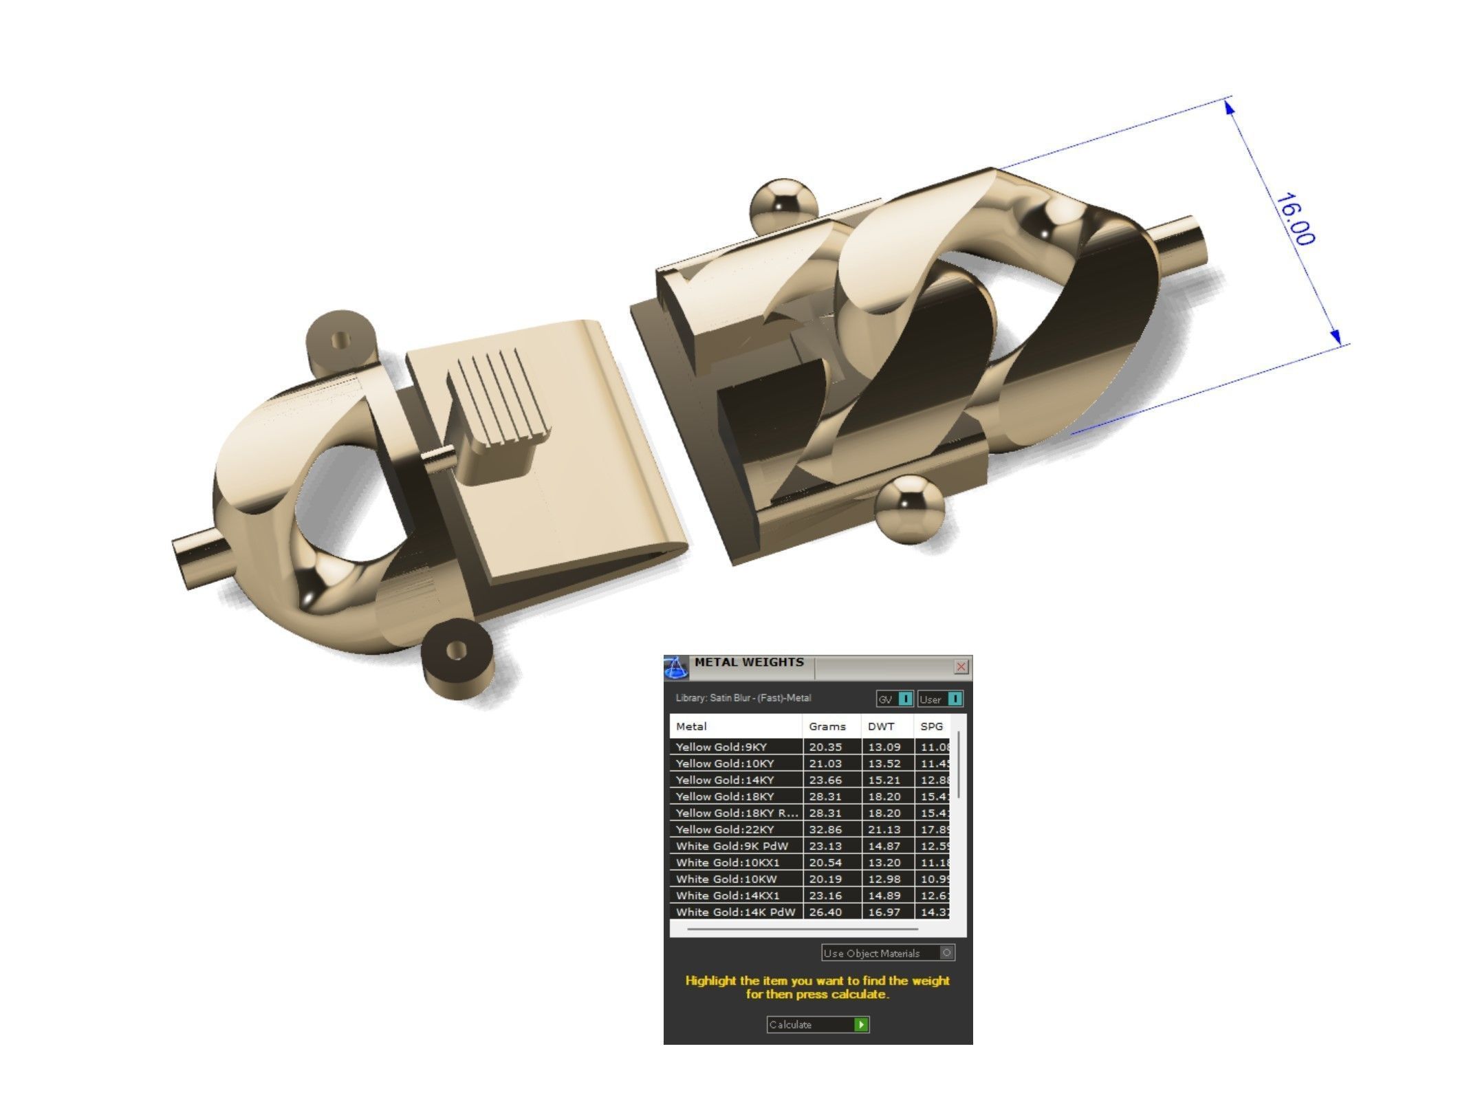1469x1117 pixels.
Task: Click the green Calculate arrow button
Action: pyautogui.click(x=860, y=1025)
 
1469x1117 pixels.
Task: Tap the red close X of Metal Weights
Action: pyautogui.click(x=961, y=666)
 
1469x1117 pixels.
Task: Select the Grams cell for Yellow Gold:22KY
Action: pyautogui.click(x=825, y=829)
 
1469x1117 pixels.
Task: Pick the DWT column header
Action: pyautogui.click(x=881, y=726)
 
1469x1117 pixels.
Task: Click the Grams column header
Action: pyautogui.click(x=827, y=726)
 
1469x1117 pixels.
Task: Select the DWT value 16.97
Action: pyautogui.click(x=884, y=912)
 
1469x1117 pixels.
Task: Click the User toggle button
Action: pyautogui.click(x=940, y=700)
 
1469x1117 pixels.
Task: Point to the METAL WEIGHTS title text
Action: pyautogui.click(x=748, y=662)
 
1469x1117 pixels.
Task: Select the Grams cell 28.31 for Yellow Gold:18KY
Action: pyautogui.click(x=825, y=796)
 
